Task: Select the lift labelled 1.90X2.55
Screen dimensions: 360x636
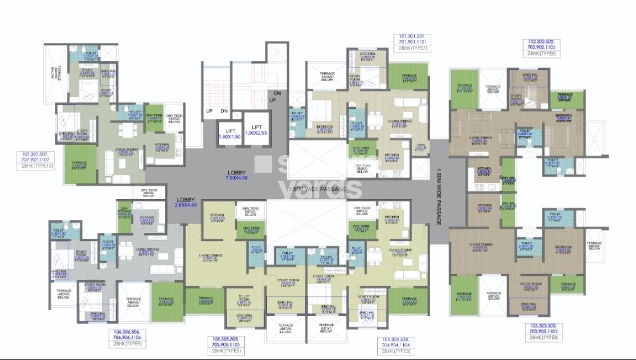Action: point(257,133)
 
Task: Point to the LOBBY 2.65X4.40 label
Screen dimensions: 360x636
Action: point(186,203)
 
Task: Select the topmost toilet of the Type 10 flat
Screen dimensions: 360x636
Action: point(91,57)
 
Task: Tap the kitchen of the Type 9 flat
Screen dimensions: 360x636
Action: point(147,220)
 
